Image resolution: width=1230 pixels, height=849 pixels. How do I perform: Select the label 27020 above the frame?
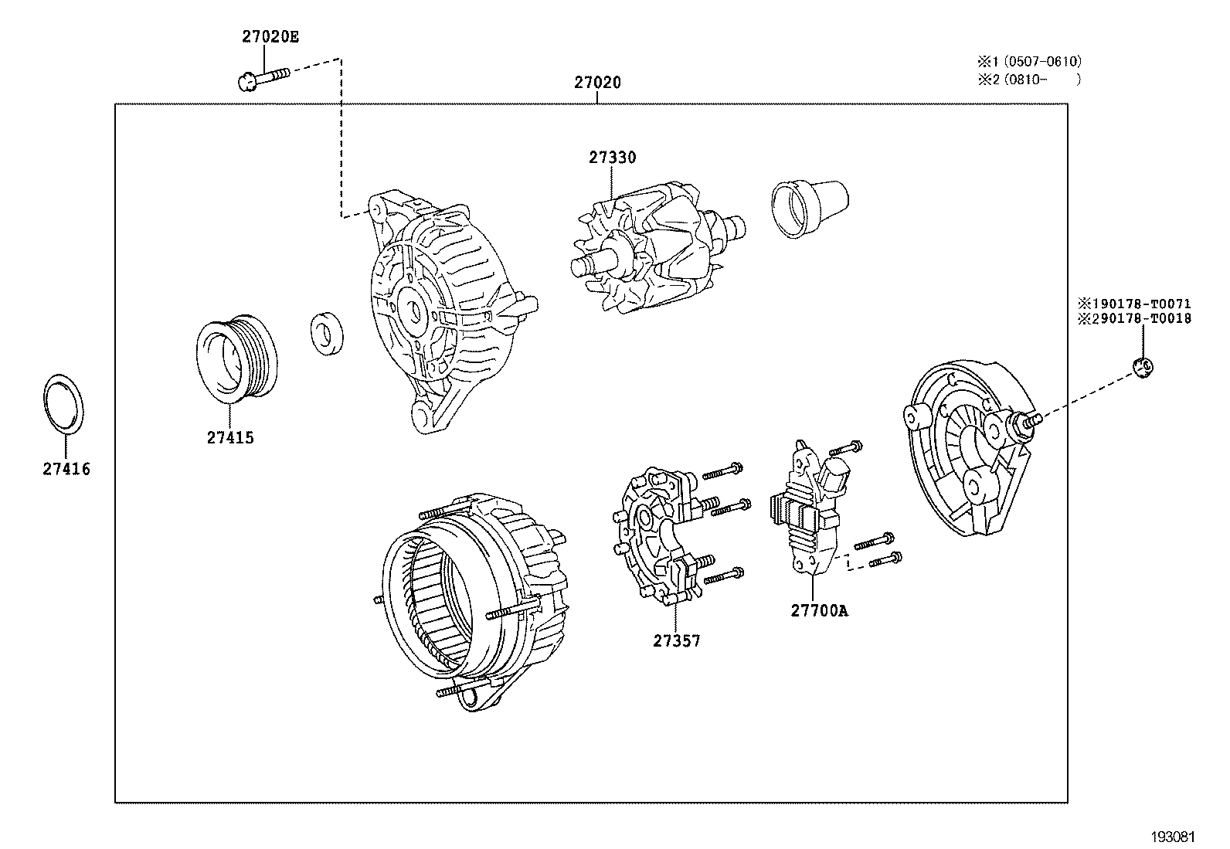point(597,82)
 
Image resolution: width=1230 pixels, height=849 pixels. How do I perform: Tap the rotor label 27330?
point(612,158)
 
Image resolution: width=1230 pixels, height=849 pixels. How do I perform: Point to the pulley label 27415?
point(229,438)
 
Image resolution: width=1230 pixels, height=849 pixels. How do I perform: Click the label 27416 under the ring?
point(66,469)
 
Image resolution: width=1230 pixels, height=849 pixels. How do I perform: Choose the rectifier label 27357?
point(676,640)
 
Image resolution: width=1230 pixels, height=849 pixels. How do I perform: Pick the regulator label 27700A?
point(818,611)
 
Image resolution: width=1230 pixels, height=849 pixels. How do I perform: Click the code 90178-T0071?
point(1140,304)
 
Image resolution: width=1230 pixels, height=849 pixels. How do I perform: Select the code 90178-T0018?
point(1140,318)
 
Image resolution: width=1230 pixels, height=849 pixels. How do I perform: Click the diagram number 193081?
point(1174,837)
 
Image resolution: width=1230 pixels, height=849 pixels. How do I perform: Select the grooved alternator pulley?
point(233,359)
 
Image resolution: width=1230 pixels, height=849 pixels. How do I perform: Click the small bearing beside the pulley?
point(328,335)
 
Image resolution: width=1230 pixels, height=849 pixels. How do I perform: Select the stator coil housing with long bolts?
point(471,599)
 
